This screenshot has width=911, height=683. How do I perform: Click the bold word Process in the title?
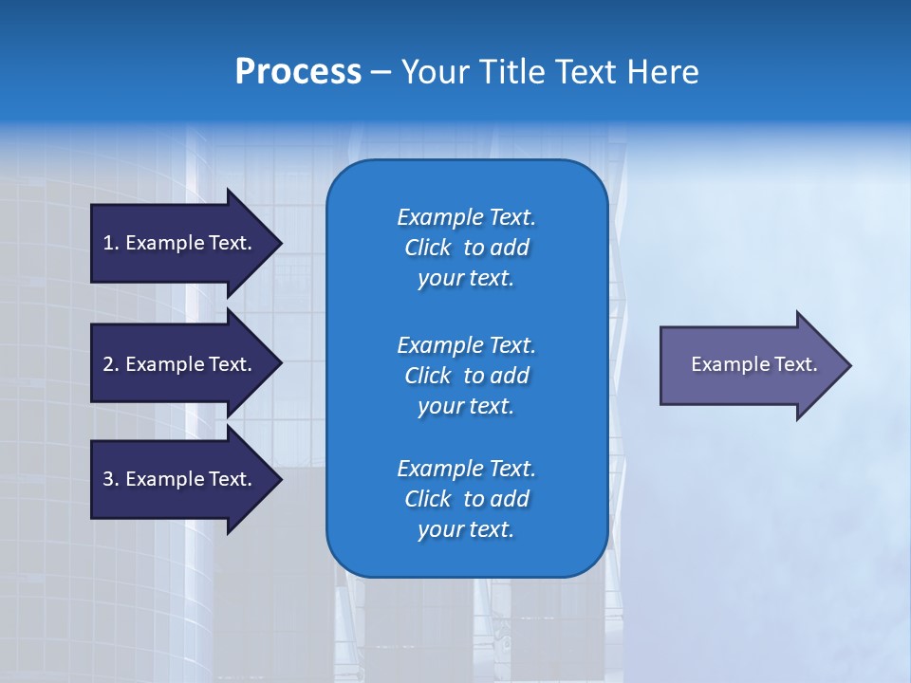point(298,72)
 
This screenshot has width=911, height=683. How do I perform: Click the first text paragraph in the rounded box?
point(466,248)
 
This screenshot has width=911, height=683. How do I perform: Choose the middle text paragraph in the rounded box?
point(466,376)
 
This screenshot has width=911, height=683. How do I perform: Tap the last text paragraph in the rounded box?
point(466,499)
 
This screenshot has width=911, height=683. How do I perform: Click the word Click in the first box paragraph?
point(427,248)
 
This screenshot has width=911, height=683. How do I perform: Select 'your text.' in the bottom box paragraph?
point(466,529)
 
